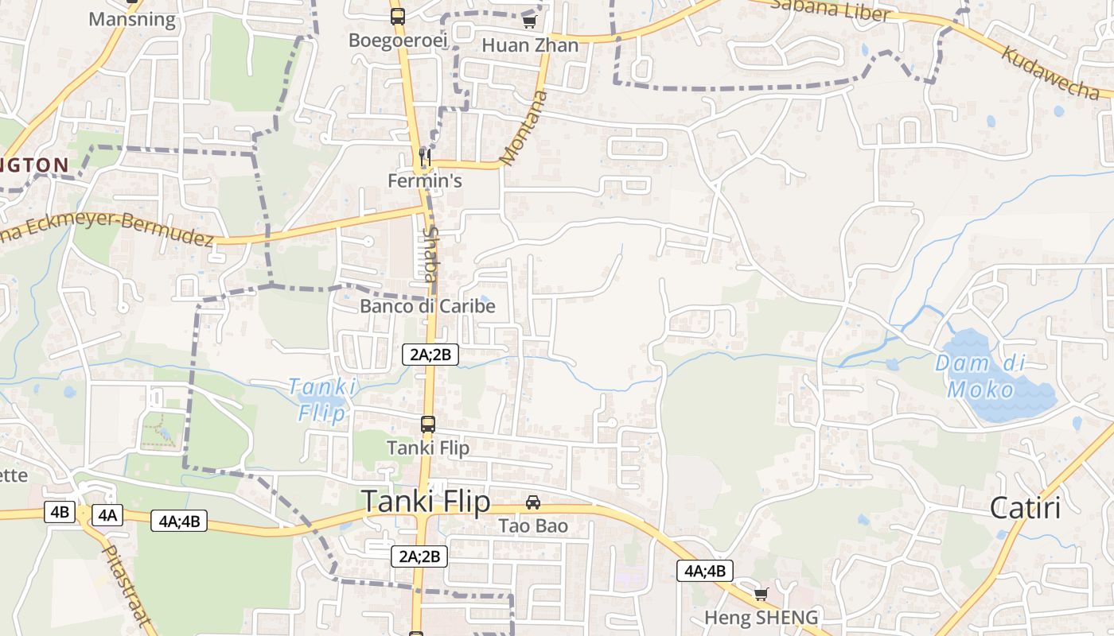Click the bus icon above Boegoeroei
pyautogui.click(x=397, y=16)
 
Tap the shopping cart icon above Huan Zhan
pyautogui.click(x=529, y=21)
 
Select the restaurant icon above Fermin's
pyautogui.click(x=425, y=157)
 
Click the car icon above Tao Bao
pyautogui.click(x=533, y=502)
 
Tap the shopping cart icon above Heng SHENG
pyautogui.click(x=761, y=594)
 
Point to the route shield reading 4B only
pyautogui.click(x=60, y=512)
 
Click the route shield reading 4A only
pyautogui.click(x=107, y=515)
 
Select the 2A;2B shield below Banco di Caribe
pyautogui.click(x=430, y=355)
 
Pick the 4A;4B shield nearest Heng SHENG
pyautogui.click(x=704, y=571)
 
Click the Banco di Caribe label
pyautogui.click(x=427, y=306)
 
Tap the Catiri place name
pyautogui.click(x=1025, y=508)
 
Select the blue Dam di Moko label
pyautogui.click(x=980, y=376)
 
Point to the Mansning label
pyautogui.click(x=132, y=19)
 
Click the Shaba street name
pyautogui.click(x=431, y=254)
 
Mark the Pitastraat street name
pyautogui.click(x=127, y=585)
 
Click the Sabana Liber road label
pyautogui.click(x=830, y=10)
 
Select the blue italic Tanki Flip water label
pyautogui.click(x=321, y=399)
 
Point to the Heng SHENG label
pyautogui.click(x=761, y=618)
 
